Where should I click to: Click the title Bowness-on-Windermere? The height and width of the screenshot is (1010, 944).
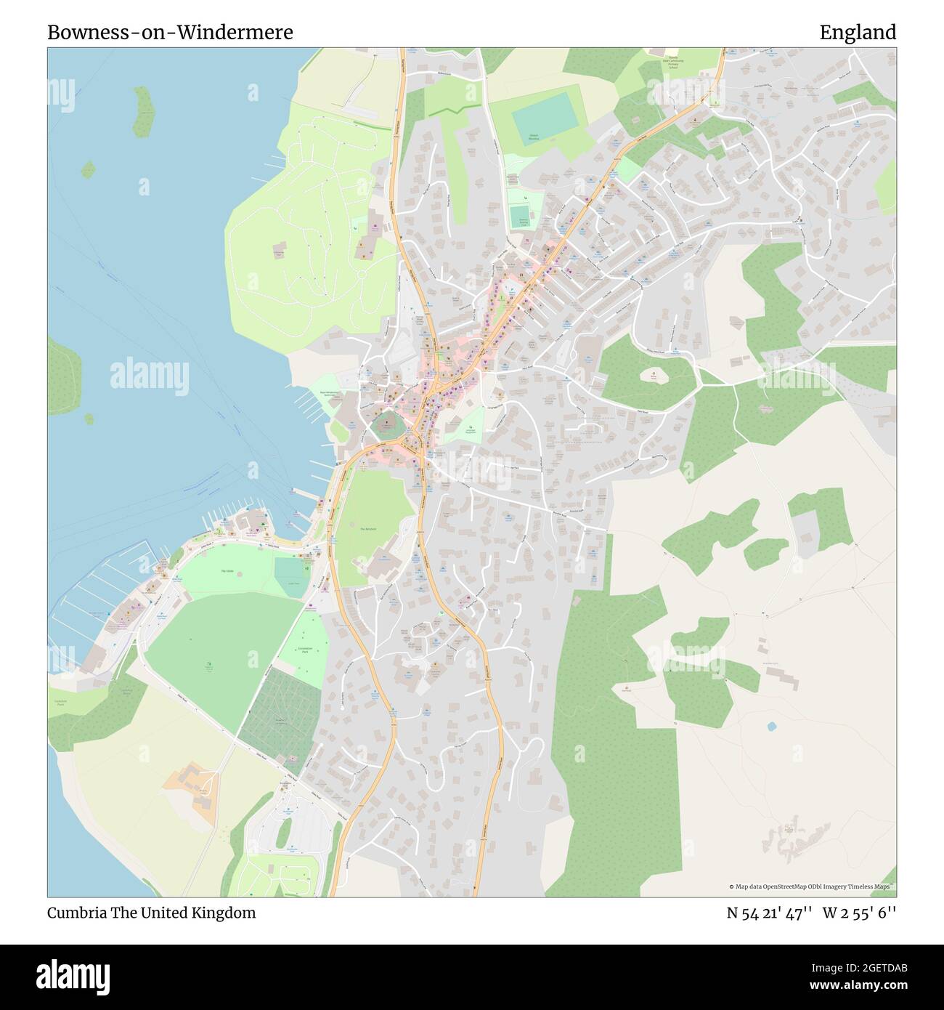(170, 33)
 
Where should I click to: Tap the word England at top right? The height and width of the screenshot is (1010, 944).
(857, 33)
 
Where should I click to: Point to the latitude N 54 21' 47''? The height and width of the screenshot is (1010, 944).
(769, 913)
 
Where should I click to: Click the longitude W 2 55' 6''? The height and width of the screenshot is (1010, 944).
(859, 913)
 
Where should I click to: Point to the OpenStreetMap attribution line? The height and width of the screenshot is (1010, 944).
(810, 886)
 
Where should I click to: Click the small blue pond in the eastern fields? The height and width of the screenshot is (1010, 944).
(770, 726)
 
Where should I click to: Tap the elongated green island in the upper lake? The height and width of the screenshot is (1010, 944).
(144, 111)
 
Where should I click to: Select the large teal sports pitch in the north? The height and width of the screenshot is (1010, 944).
(542, 111)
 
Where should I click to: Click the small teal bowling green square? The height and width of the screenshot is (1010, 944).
(518, 216)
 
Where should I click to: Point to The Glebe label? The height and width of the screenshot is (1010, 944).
(227, 572)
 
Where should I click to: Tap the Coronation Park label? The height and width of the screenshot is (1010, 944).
(305, 649)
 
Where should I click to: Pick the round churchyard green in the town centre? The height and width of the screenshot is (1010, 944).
(386, 423)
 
